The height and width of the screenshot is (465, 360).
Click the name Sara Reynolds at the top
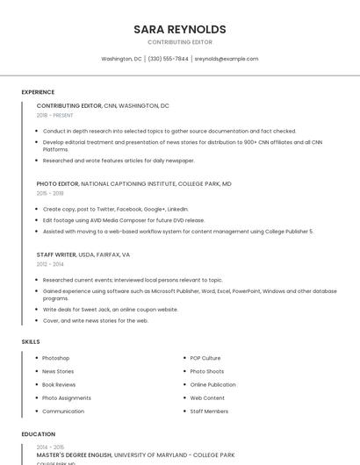coord(179,29)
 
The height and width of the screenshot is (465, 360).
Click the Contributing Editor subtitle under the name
coord(179,42)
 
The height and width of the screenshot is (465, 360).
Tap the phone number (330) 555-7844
coord(168,59)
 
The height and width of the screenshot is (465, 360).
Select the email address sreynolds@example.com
coord(226,59)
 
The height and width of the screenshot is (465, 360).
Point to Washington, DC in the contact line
coord(121,59)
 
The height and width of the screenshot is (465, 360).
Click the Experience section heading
coord(38,92)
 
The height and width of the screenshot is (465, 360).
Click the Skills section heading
coord(31,341)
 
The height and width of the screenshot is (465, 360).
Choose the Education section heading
coord(38,434)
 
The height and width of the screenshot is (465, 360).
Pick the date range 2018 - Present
coord(54,115)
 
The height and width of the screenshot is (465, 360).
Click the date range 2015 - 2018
coord(50,193)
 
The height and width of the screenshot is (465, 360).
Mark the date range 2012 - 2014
coord(50,263)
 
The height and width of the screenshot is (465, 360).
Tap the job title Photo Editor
coord(58,184)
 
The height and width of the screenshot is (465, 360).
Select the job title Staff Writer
coord(56,254)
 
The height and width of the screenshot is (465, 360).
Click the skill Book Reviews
coord(59,384)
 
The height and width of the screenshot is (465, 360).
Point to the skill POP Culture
coord(205,358)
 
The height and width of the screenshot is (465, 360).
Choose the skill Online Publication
coord(212,384)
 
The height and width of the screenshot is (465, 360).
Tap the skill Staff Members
coord(209,411)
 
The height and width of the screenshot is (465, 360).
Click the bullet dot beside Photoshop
coord(36,358)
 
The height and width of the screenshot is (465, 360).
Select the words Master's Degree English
coord(74,455)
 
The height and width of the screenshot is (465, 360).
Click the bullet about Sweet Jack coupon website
coord(110,309)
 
